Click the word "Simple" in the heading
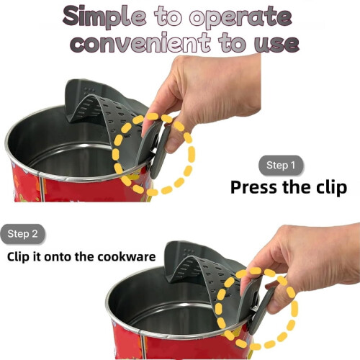[104, 17]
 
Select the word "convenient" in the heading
[141, 42]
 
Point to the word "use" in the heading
[276, 44]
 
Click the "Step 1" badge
[281, 166]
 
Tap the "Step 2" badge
[22, 234]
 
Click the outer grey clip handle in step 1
[161, 153]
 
